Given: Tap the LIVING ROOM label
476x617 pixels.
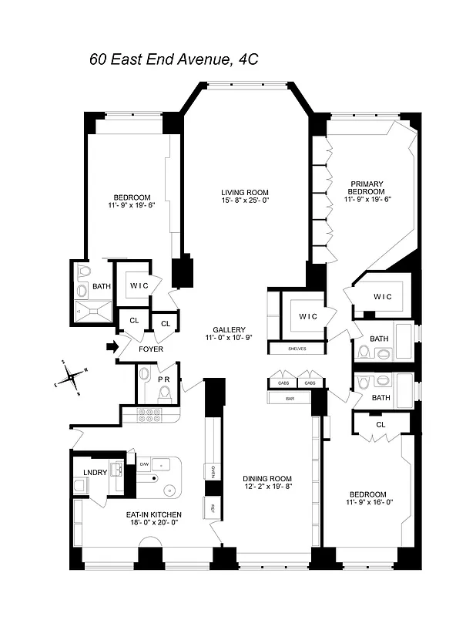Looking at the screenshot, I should (x=244, y=193).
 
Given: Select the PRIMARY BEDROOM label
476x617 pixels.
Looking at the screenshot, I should (x=365, y=188).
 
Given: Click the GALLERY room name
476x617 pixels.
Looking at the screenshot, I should (x=230, y=329).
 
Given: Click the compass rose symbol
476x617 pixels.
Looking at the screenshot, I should (x=73, y=377).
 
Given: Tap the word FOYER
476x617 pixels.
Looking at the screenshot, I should (x=151, y=349).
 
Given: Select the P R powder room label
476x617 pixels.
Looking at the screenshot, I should (x=163, y=379).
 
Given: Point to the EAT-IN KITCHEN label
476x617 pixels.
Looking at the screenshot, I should (x=154, y=514).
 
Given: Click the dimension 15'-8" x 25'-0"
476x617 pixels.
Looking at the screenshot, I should (x=244, y=201).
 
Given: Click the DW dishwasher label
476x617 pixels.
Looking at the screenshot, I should (x=144, y=464).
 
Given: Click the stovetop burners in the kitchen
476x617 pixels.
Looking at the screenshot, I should (x=146, y=414).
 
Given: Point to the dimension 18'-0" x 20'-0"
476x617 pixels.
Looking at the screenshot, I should (x=154, y=523).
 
